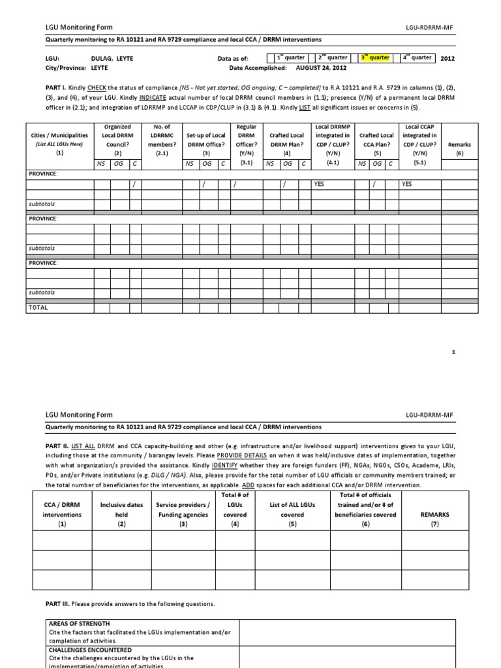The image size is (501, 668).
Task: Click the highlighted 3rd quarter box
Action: click(x=375, y=57)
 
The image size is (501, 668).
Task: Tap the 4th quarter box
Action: click(x=417, y=57)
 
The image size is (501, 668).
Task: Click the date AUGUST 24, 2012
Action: click(x=321, y=67)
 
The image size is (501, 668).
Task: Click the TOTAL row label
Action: click(x=38, y=306)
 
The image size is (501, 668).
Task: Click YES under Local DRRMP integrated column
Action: click(x=320, y=185)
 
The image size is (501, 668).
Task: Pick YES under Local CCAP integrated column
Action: click(x=407, y=185)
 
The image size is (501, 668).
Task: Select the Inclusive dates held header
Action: click(x=118, y=514)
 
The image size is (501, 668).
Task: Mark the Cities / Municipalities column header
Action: click(x=59, y=140)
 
